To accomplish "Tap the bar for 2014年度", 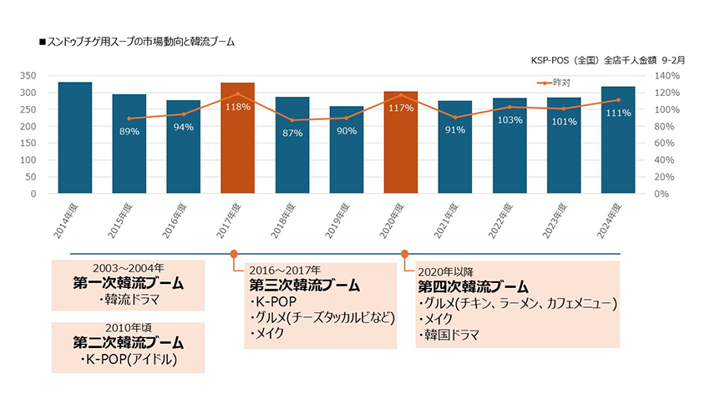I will pyautogui.click(x=74, y=138).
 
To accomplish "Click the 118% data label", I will pyautogui.click(x=237, y=107).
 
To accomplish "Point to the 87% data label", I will pyautogui.click(x=292, y=133).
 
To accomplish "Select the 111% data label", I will pyautogui.click(x=618, y=113).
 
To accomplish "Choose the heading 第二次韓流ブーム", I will pyautogui.click(x=128, y=343).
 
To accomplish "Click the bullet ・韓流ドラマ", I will pyautogui.click(x=128, y=300).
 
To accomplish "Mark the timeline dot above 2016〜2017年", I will pyautogui.click(x=234, y=253).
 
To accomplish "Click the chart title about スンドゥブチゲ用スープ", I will pyautogui.click(x=137, y=40).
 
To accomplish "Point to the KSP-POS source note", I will pyautogui.click(x=607, y=61).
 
